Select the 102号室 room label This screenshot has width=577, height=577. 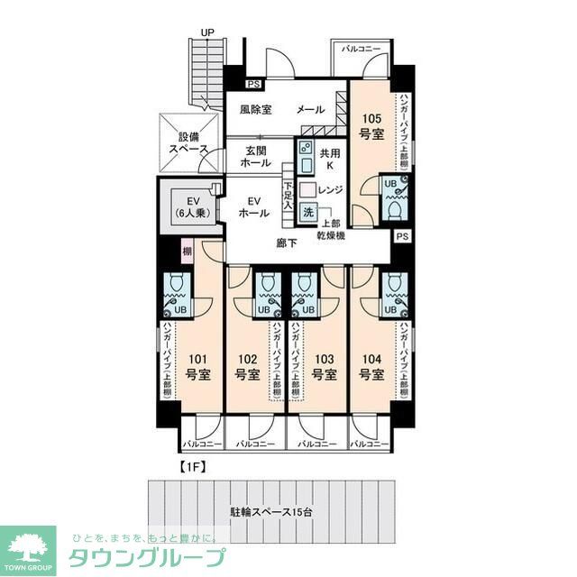[248, 366]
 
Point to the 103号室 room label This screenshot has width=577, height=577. [323, 366]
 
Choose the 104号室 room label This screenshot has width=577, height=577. [371, 366]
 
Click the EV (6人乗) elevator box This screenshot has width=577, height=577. [192, 208]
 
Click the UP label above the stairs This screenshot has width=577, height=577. [207, 33]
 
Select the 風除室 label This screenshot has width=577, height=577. [256, 110]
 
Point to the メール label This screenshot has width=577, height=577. [310, 110]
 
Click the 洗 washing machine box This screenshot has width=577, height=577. [308, 214]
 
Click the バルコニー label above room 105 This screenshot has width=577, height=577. [360, 47]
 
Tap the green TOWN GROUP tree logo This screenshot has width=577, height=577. [28, 548]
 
